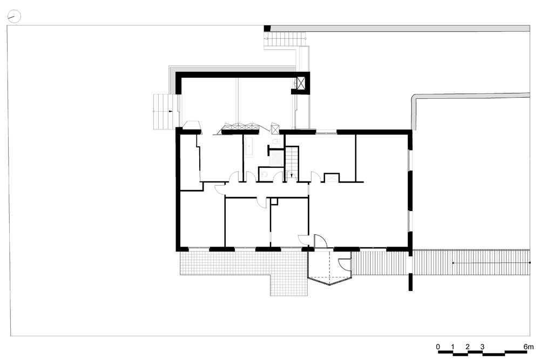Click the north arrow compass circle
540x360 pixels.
click(x=14, y=16)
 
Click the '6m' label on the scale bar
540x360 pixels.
click(x=528, y=347)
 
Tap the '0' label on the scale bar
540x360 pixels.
click(x=438, y=347)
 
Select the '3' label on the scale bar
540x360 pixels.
click(x=482, y=347)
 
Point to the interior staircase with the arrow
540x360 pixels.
click(x=292, y=162)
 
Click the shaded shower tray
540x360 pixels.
click(x=276, y=159)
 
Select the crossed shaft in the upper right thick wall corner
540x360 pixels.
click(x=301, y=83)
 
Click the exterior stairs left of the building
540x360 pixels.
click(x=164, y=112)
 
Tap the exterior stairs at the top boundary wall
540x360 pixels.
click(x=286, y=39)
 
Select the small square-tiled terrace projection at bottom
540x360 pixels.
click(x=288, y=286)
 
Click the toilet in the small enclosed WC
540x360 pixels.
click(x=264, y=175)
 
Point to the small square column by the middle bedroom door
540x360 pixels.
click(x=274, y=201)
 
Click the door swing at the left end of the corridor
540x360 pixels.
click(x=220, y=189)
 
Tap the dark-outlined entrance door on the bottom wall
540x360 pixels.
click(x=320, y=241)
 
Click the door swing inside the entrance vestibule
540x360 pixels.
click(x=345, y=263)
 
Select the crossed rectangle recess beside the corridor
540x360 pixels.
click(x=332, y=178)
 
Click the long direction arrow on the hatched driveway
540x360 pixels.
click(x=491, y=263)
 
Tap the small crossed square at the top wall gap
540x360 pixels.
click(x=275, y=130)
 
